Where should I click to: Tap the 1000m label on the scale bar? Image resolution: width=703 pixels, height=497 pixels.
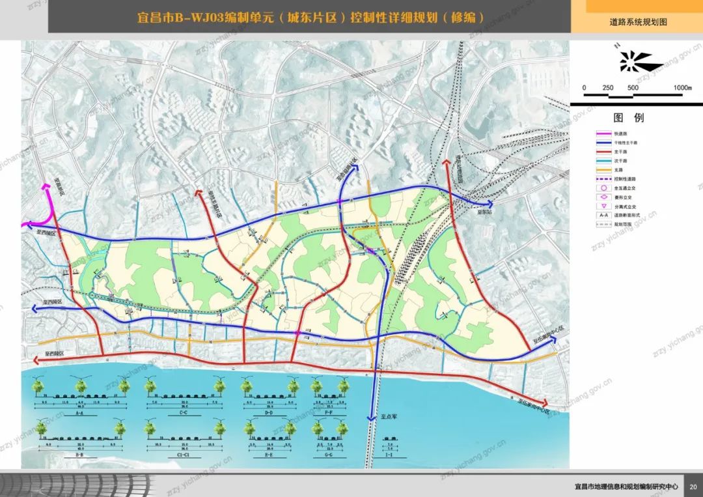coord(682,88)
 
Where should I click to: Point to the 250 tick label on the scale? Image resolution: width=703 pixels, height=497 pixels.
coord(608,88)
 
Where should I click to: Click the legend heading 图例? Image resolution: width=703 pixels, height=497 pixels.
coord(628,118)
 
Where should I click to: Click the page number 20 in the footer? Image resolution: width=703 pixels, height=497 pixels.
coord(693,486)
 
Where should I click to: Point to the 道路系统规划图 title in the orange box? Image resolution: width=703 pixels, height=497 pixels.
coord(638,22)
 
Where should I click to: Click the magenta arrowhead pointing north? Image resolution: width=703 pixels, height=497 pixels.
coord(46,188)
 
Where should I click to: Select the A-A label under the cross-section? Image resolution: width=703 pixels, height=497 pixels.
coord(80,412)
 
